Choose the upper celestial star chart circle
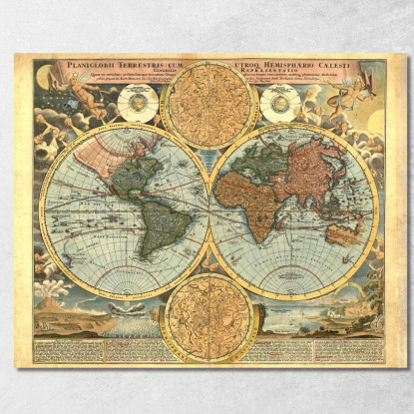(x=207, y=105)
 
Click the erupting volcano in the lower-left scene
(x=53, y=293)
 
